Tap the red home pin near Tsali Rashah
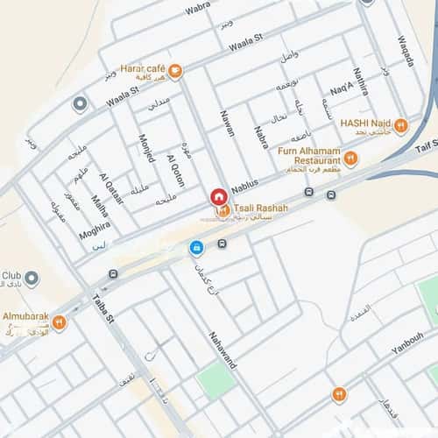click(x=217, y=198)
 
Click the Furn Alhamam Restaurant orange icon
click(x=350, y=159)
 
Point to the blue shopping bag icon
click(x=196, y=248)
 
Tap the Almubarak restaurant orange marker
click(x=60, y=323)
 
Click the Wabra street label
click(x=198, y=10)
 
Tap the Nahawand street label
click(x=223, y=350)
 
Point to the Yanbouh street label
click(x=407, y=342)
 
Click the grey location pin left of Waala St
click(x=80, y=105)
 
